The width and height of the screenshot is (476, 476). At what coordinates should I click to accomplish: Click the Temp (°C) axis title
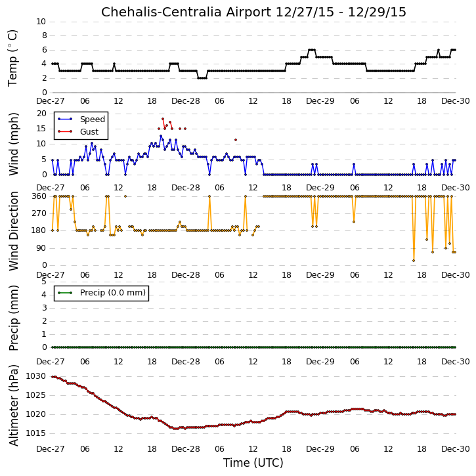pyautogui.click(x=12, y=58)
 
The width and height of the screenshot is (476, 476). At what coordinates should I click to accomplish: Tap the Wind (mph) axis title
pyautogui.click(x=13, y=144)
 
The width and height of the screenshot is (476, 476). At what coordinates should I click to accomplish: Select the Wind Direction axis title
pyautogui.click(x=13, y=230)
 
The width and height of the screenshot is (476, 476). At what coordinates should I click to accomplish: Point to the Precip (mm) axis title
pyautogui.click(x=13, y=318)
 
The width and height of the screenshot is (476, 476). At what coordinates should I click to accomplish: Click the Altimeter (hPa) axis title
pyautogui.click(x=13, y=405)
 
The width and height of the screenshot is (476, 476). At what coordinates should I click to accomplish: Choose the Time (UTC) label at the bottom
pyautogui.click(x=253, y=463)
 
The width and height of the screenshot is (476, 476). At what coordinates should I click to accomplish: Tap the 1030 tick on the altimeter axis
pyautogui.click(x=35, y=376)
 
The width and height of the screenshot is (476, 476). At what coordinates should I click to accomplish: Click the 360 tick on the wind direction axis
pyautogui.click(x=39, y=196)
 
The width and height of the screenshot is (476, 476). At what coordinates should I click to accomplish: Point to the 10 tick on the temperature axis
pyautogui.click(x=41, y=22)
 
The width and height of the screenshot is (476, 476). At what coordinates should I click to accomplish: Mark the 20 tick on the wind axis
pyautogui.click(x=41, y=114)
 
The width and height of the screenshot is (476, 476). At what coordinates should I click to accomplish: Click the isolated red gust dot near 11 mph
pyautogui.click(x=236, y=140)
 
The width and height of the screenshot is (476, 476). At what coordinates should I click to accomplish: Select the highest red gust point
pyautogui.click(x=163, y=119)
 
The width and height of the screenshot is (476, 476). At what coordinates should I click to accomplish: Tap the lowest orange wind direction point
pyautogui.click(x=414, y=261)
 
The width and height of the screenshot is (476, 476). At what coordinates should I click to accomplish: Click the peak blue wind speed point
pyautogui.click(x=161, y=136)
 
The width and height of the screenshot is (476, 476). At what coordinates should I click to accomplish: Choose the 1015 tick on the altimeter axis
pyautogui.click(x=35, y=433)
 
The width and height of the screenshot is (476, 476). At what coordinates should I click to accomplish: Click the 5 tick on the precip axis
pyautogui.click(x=44, y=282)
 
